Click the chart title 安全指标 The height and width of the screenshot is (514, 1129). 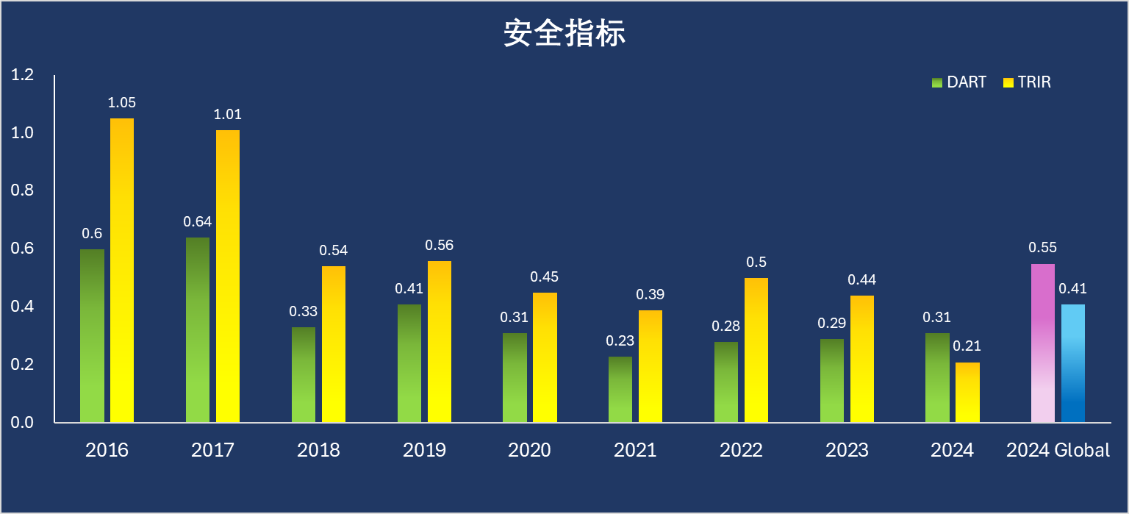click(564, 33)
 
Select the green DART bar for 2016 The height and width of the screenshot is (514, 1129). click(92, 336)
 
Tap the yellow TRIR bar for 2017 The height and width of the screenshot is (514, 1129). click(227, 276)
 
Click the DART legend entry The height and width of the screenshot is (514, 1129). click(958, 82)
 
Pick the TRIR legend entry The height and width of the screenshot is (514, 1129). click(1027, 82)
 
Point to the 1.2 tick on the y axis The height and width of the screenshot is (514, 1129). click(23, 75)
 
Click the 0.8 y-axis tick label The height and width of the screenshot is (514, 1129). click(23, 190)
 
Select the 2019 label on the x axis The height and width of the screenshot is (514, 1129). click(424, 450)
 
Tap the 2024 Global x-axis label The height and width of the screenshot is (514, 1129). click(1058, 450)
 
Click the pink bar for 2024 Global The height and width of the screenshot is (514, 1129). click(1042, 343)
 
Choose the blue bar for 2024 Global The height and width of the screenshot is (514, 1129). click(1072, 363)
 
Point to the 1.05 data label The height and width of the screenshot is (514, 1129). click(122, 103)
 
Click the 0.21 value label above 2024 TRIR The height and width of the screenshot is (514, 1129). click(967, 346)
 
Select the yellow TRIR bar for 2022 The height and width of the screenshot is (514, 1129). click(756, 350)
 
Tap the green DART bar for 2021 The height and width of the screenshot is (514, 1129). click(620, 390)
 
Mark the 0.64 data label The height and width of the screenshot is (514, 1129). click(197, 222)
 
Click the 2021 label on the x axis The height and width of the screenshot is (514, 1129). click(635, 450)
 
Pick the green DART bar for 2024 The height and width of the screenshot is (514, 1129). click(937, 378)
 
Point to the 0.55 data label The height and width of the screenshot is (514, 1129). click(1042, 248)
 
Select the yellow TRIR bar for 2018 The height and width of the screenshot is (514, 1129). click(333, 344)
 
